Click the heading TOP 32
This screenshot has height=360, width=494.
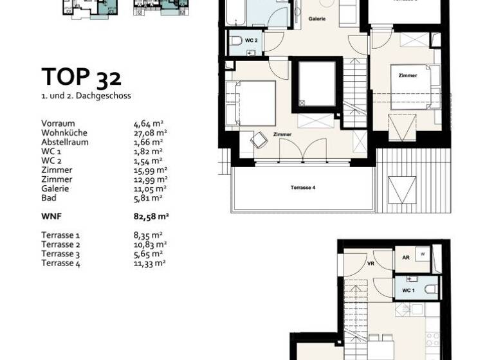coord(81,76)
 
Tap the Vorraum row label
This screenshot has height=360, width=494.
coord(58,123)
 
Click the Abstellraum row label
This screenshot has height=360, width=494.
coord(65,142)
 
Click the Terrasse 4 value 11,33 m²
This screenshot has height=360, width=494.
coord(147,263)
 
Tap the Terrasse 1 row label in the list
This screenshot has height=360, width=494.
coord(60,235)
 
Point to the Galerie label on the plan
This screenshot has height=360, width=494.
coord(317,19)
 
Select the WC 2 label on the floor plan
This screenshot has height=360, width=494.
coord(252,40)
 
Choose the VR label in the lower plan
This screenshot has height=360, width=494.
coord(370,263)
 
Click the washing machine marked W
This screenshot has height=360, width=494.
coord(422,254)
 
